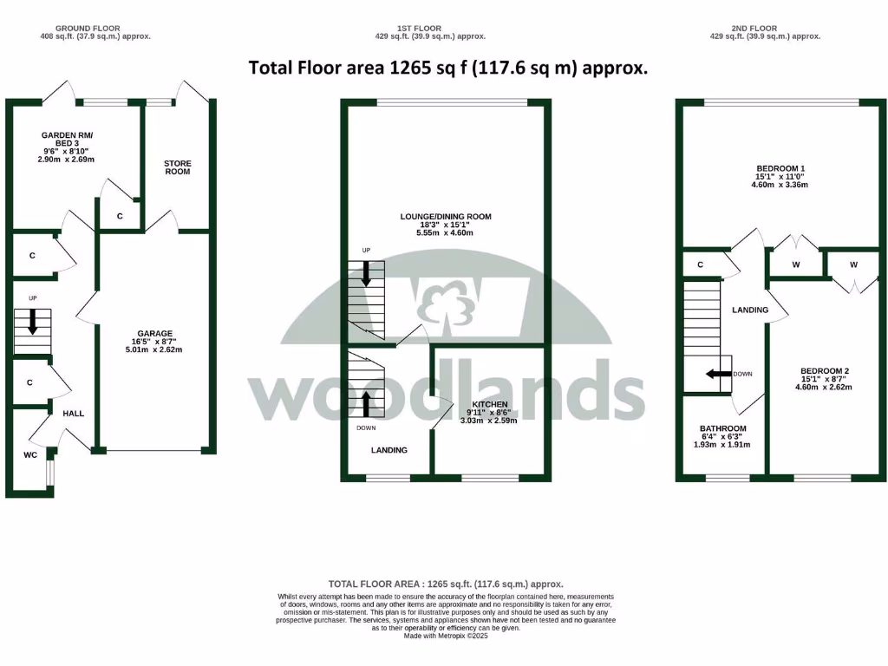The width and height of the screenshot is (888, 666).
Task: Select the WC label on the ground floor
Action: (x=30, y=454)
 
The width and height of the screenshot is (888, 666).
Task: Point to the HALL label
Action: (x=74, y=414)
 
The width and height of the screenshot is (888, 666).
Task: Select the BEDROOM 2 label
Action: (x=824, y=371)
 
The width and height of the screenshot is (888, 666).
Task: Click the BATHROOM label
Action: (x=723, y=428)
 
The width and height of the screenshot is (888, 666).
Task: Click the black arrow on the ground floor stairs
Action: (x=33, y=323)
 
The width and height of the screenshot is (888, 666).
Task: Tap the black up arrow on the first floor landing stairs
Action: (x=365, y=402)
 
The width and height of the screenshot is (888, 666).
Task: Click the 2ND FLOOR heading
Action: (x=764, y=28)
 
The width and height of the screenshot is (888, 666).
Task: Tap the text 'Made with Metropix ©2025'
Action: (x=446, y=636)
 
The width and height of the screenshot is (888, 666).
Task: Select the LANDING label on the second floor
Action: (x=750, y=310)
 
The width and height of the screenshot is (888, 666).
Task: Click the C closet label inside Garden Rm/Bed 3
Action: (x=120, y=215)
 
